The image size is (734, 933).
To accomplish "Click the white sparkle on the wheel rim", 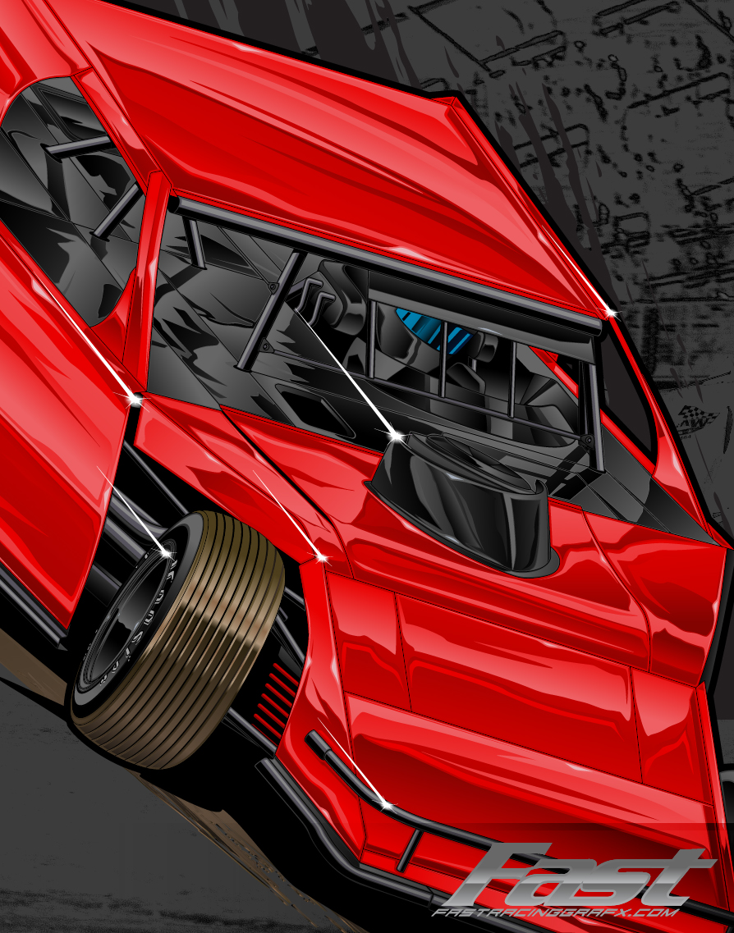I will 166,554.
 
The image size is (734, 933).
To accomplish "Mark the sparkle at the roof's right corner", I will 608,313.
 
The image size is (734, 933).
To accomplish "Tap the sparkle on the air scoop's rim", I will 395,434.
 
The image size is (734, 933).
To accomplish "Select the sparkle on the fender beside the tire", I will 321,557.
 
